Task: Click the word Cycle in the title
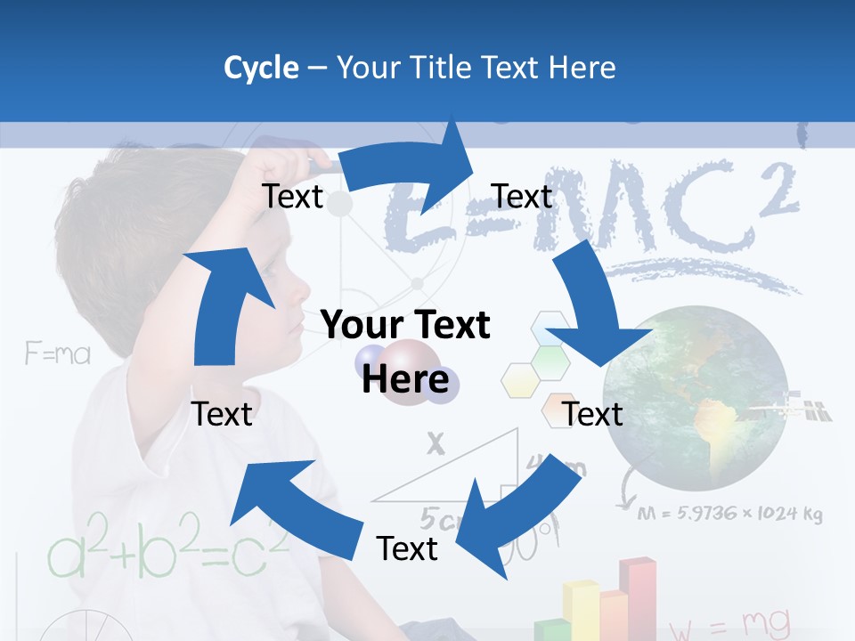coord(261,68)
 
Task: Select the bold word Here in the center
coord(404,378)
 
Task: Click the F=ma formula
coord(58,354)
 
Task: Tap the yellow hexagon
coord(522,380)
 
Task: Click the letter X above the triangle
coord(435,442)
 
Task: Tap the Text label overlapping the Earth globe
coord(593,414)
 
